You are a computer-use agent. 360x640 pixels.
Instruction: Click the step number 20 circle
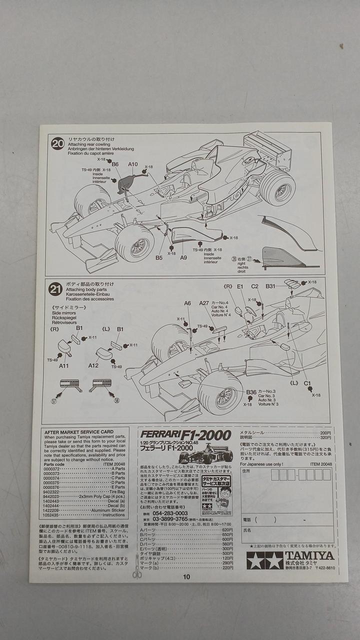[x=57, y=144]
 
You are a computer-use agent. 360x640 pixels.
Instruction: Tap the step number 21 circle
[x=55, y=289]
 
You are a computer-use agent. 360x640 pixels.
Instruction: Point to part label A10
[x=132, y=164]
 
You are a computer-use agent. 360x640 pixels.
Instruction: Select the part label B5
[x=159, y=257]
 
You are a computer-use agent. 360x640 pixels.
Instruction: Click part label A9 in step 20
[x=183, y=257]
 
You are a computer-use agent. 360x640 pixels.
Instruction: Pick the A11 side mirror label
[x=64, y=365]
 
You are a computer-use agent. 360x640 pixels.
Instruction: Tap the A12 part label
[x=93, y=365]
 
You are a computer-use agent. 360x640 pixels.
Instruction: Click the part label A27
[x=204, y=303]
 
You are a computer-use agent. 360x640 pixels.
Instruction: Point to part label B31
[x=270, y=286]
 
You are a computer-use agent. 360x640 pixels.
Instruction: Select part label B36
[x=251, y=392]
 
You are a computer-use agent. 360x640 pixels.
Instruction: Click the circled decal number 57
[x=53, y=400]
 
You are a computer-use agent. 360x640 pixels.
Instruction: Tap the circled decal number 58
[x=117, y=400]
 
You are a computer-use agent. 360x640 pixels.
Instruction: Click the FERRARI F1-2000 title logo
[x=185, y=435]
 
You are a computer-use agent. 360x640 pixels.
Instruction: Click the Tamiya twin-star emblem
[x=264, y=560]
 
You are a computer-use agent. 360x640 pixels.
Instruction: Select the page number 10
[x=186, y=576]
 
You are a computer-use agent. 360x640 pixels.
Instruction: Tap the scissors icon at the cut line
[x=136, y=573]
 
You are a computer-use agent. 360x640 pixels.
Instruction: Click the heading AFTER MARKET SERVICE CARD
[x=79, y=431]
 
